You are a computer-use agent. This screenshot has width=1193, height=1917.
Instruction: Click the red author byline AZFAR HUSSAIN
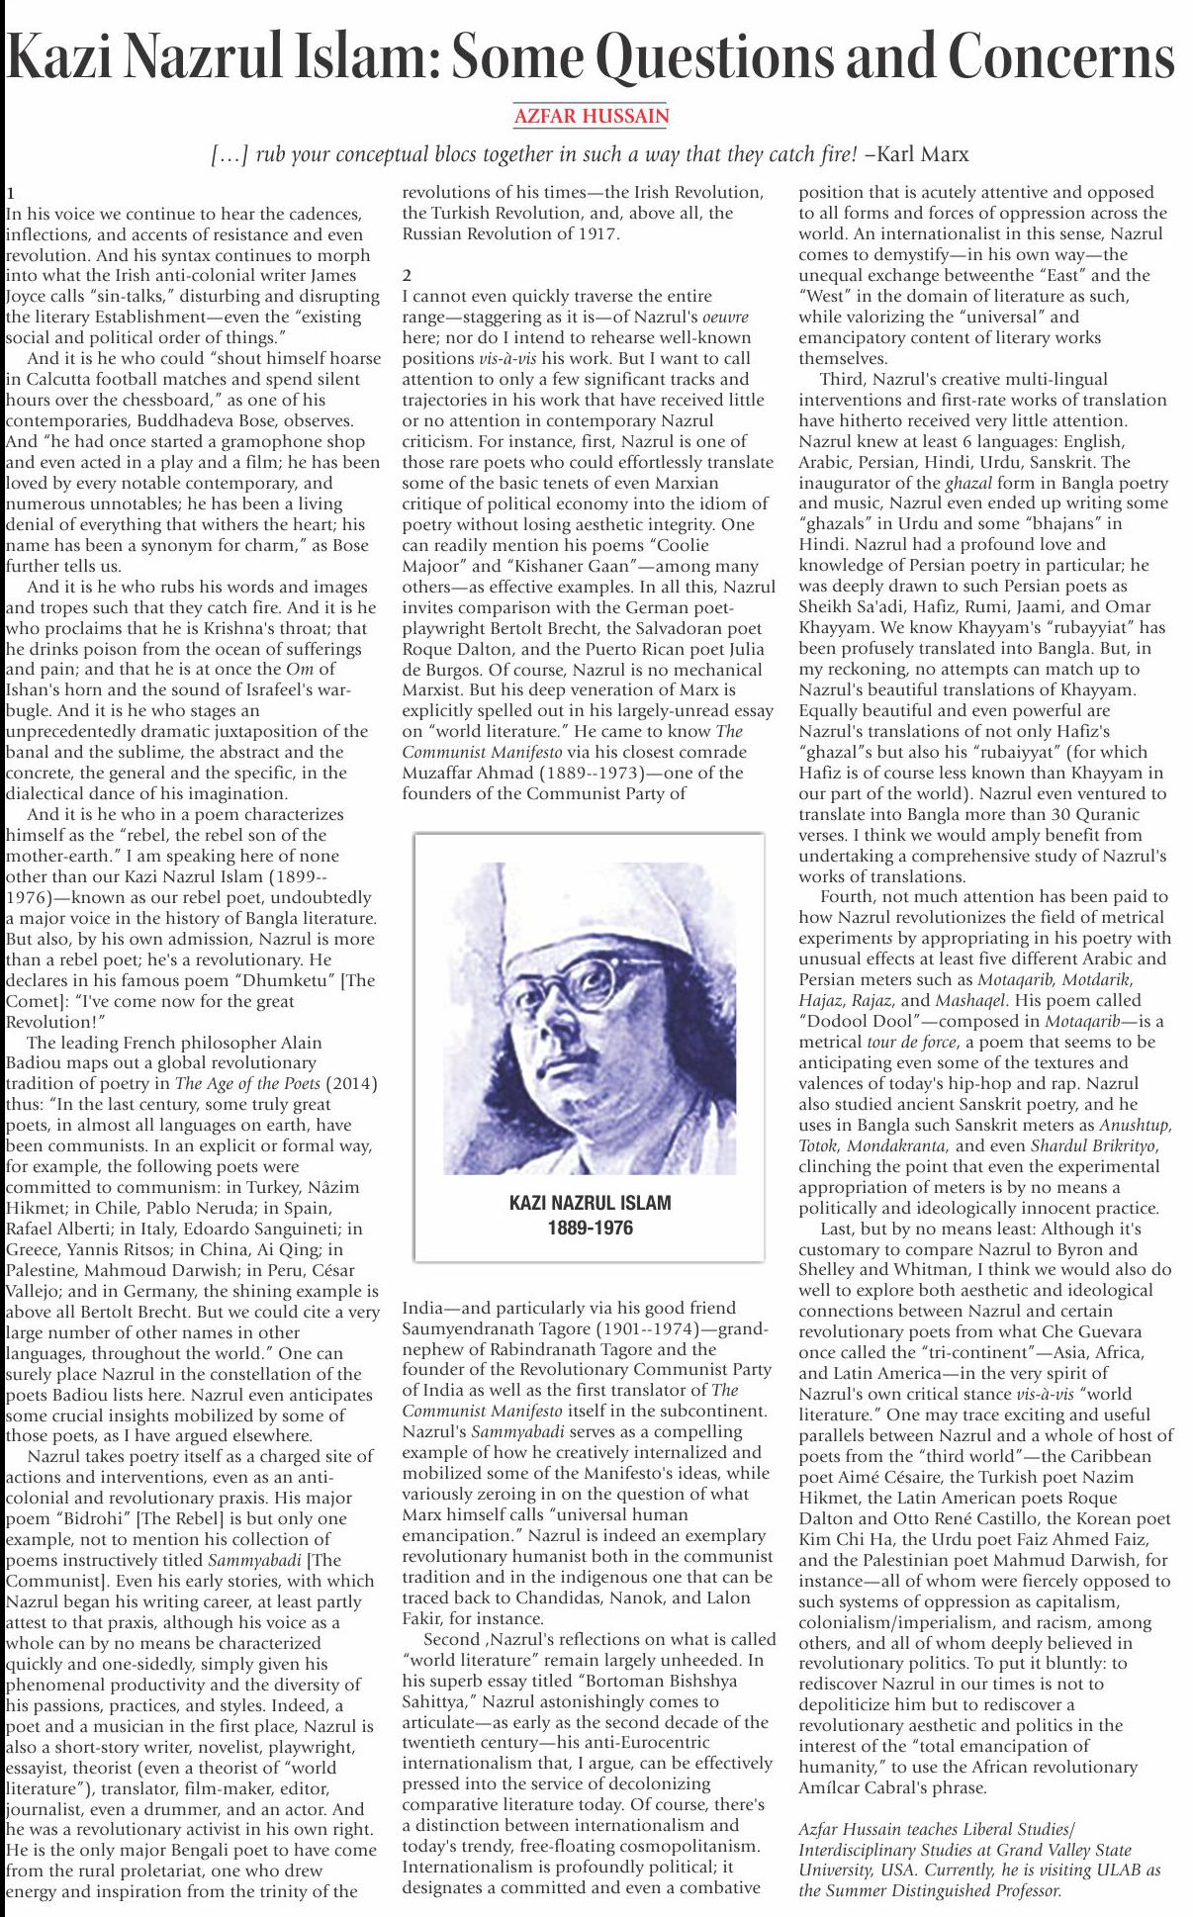591,117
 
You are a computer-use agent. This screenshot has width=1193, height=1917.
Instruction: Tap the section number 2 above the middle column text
407,275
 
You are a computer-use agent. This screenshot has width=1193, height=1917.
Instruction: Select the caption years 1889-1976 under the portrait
590,1229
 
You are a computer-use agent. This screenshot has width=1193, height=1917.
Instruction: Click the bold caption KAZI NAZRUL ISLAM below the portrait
590,1203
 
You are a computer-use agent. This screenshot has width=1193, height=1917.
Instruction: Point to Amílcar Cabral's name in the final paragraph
866,1787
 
